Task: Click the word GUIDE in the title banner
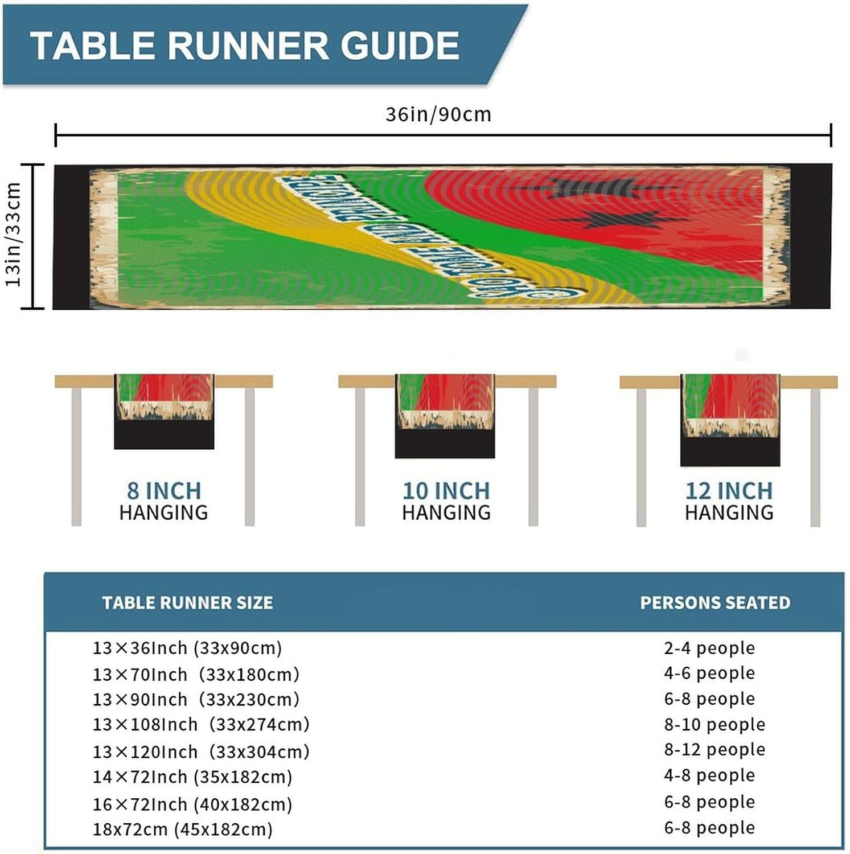[x=400, y=46]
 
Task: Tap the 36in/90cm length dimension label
[x=438, y=114]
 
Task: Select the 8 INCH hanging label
[x=163, y=491]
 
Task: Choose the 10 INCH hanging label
[x=446, y=491]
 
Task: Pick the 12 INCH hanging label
[x=729, y=491]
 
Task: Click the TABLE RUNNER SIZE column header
[x=187, y=603]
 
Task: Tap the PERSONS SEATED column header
[x=715, y=603]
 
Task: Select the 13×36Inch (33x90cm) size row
[x=187, y=648]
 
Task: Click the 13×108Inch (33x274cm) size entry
[x=201, y=725]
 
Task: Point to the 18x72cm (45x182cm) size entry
[x=183, y=830]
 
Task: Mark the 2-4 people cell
[x=709, y=648]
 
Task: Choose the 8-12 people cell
[x=715, y=750]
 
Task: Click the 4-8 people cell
[x=709, y=775]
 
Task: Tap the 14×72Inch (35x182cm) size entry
[x=192, y=777]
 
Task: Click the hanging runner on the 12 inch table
[x=730, y=420]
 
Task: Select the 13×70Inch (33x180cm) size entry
[x=196, y=675]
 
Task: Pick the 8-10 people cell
[x=715, y=725]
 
